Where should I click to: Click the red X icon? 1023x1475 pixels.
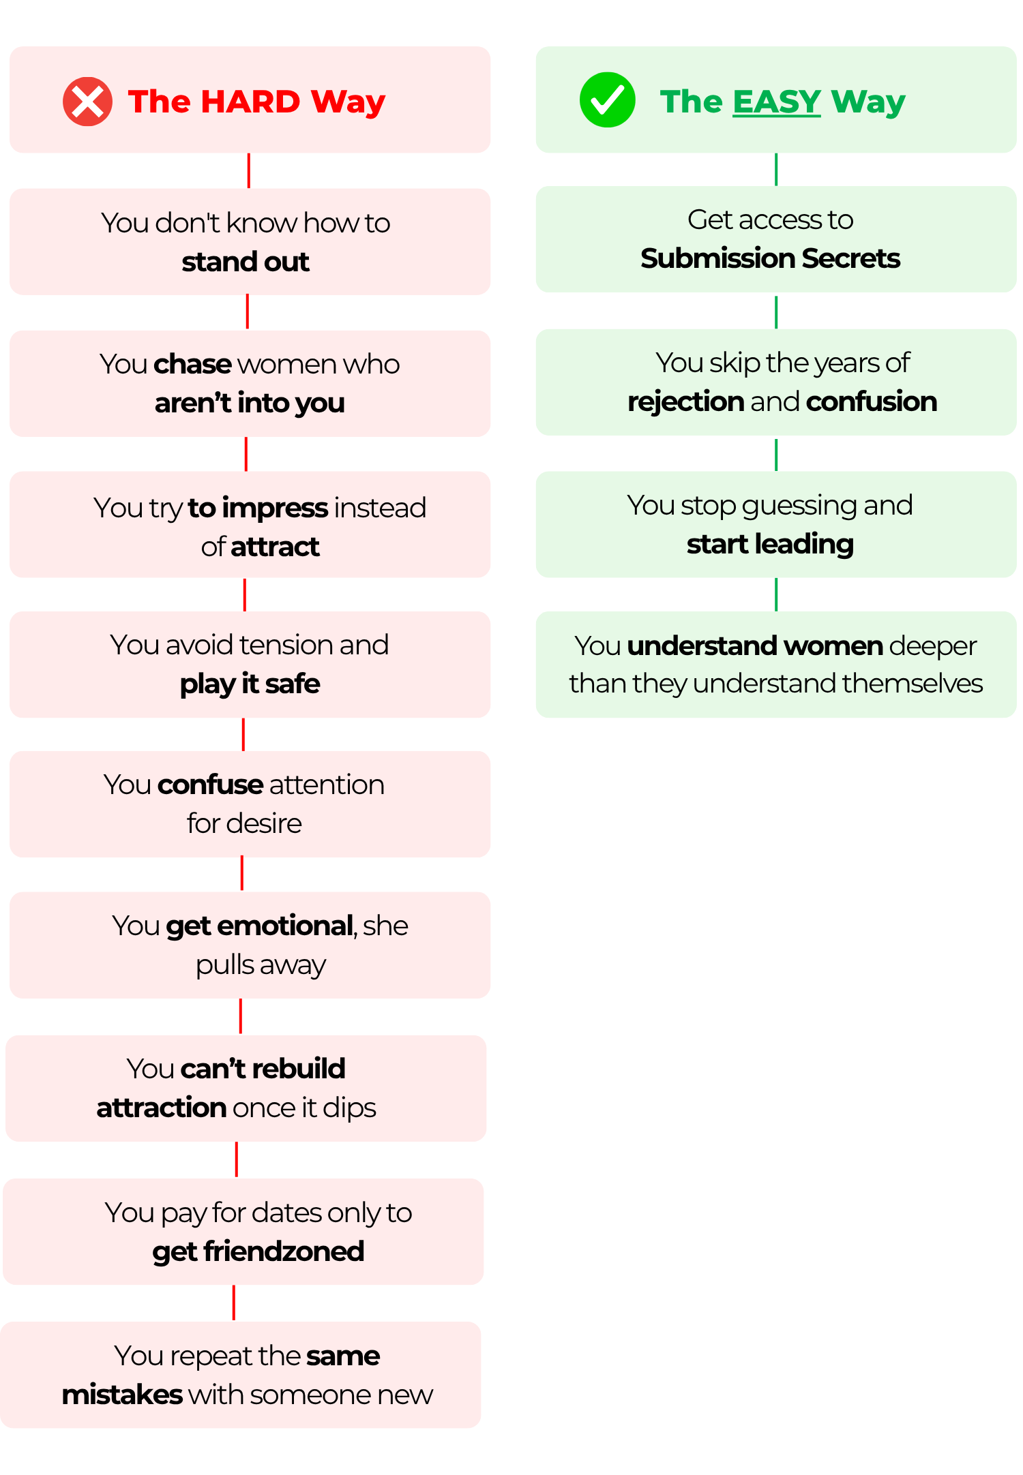click(x=87, y=102)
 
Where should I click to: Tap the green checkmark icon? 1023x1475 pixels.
click(x=607, y=100)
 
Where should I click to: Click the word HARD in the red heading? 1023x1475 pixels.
click(x=250, y=102)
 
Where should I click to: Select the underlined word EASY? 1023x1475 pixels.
click(x=777, y=102)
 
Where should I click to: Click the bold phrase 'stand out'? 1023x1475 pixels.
click(x=246, y=262)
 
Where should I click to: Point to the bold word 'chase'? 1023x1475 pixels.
click(x=193, y=364)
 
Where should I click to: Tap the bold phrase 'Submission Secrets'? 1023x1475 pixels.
click(x=770, y=258)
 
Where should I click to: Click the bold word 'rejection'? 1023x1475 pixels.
click(x=685, y=402)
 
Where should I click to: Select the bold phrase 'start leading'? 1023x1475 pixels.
click(x=770, y=545)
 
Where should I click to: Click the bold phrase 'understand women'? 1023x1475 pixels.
click(x=755, y=645)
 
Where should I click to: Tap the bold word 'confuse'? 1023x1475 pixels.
click(x=210, y=785)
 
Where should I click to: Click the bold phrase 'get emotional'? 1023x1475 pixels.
click(x=259, y=926)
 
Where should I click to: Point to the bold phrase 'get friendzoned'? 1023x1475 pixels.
click(x=258, y=1252)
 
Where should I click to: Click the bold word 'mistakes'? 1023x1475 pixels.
click(x=122, y=1395)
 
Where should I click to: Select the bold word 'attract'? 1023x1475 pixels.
click(x=275, y=547)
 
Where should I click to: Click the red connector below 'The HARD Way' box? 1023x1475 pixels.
click(x=248, y=170)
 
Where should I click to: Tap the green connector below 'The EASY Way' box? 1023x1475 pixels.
click(x=776, y=170)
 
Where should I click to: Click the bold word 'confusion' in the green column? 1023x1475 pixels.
click(x=871, y=401)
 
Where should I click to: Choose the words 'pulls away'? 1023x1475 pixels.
click(x=261, y=965)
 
